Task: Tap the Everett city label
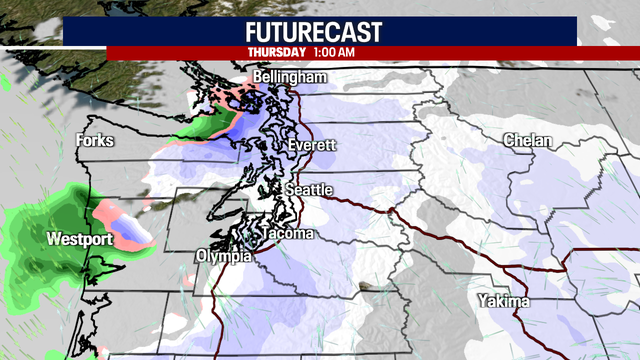[x=311, y=146]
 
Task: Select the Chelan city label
[x=527, y=141]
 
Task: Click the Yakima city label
[x=505, y=301]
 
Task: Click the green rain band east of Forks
[x=205, y=127]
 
